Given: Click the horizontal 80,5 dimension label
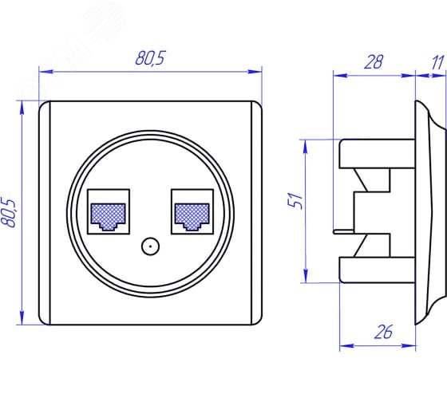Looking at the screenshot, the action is pyautogui.click(x=151, y=58).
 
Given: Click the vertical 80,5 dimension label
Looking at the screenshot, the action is pyautogui.click(x=9, y=213).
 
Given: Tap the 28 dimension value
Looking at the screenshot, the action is pyautogui.click(x=374, y=62).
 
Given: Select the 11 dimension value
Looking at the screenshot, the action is pyautogui.click(x=438, y=62).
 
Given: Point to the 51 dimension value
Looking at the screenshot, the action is pyautogui.click(x=295, y=201).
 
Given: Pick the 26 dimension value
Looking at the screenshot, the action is pyautogui.click(x=383, y=332).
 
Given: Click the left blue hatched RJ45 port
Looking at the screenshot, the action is pyautogui.click(x=108, y=216).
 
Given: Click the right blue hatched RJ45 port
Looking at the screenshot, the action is pyautogui.click(x=192, y=216).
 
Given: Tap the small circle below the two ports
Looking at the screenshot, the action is pyautogui.click(x=150, y=246).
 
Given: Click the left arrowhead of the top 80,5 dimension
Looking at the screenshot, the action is pyautogui.click(x=45, y=72).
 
